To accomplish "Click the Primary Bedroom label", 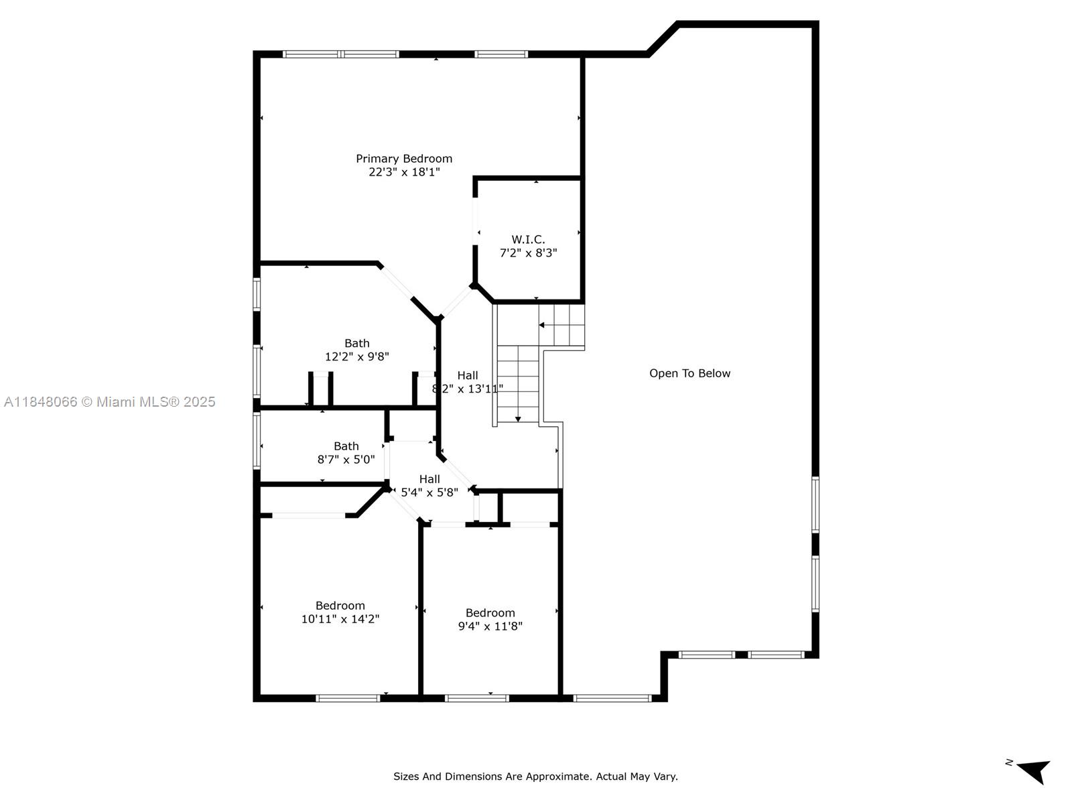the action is point(404,159).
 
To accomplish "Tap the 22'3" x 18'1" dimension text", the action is point(404,172).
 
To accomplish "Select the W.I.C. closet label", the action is point(528,240).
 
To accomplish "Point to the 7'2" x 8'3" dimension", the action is point(528,253).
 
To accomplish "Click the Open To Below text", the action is point(689,373).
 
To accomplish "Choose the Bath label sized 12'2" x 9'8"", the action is point(357,343).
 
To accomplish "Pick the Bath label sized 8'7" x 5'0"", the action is point(346,446).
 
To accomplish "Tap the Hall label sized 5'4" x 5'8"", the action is point(429,479).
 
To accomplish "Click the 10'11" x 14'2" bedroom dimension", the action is point(340,619).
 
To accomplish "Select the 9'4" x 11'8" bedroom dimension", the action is point(490,626).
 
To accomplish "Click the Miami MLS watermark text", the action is point(109,402).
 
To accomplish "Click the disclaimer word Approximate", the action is point(551,777).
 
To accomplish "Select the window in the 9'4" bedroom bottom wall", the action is point(476,699).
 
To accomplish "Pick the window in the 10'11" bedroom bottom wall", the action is point(348,699).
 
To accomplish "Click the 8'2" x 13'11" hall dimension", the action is point(468,389).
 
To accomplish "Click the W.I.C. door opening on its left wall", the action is point(475,221).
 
